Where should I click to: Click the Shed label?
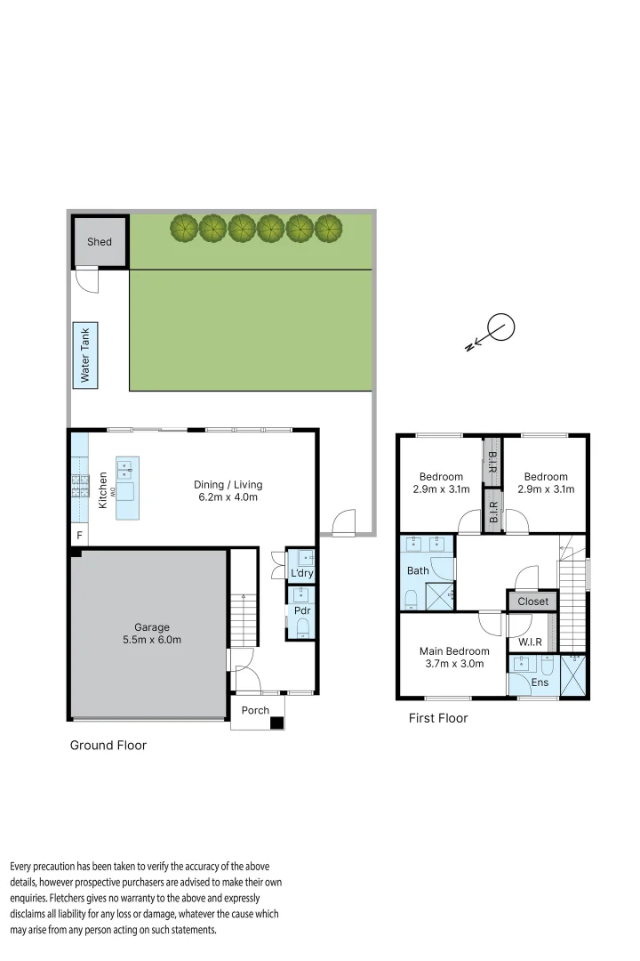coord(100,241)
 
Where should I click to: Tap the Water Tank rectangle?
coord(86,355)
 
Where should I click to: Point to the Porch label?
coord(255,710)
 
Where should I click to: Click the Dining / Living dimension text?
coord(228,497)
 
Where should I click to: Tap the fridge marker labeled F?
coord(79,536)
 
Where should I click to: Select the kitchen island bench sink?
coord(127,467)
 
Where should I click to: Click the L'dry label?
coord(301,573)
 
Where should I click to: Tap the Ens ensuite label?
coord(540,682)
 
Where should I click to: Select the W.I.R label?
coord(531,642)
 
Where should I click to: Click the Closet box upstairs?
coord(533,602)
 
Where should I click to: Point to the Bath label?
coord(418,570)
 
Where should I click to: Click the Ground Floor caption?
coord(108,745)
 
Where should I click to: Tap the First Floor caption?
coord(437,717)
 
